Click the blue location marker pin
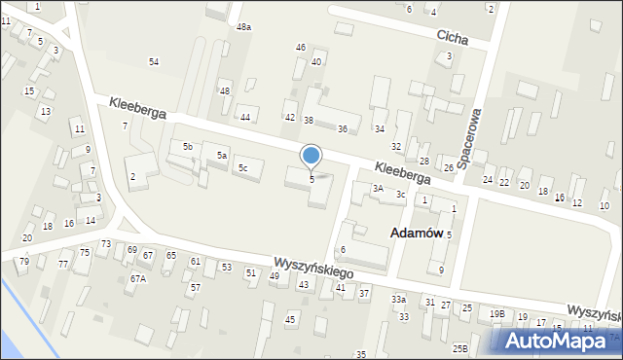tap(311, 157)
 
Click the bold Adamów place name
tap(416, 234)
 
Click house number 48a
tap(243, 27)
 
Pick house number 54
tap(154, 62)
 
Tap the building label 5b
tap(188, 146)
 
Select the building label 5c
tap(243, 168)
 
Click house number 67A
tap(137, 278)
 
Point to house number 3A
tap(377, 188)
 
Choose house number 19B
tap(497, 313)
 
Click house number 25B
tap(460, 347)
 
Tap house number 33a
tap(398, 299)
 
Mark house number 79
tap(24, 261)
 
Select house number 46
tap(300, 47)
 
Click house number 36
tap(343, 128)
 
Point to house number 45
tap(289, 319)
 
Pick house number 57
tap(195, 287)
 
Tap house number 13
tap(46, 111)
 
